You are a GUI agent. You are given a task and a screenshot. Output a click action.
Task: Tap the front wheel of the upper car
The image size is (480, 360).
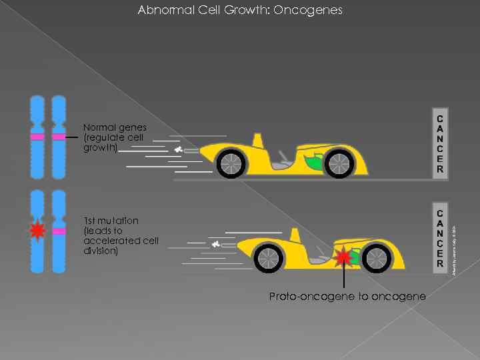pos(338,163)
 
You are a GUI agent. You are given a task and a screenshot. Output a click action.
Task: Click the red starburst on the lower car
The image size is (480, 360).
pos(344,257)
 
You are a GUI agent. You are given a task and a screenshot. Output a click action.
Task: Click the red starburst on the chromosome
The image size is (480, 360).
pos(37,231)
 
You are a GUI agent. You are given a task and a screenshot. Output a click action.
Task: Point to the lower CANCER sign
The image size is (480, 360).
pos(440,236)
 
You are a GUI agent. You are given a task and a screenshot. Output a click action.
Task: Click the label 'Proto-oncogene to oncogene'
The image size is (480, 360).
pos(347,296)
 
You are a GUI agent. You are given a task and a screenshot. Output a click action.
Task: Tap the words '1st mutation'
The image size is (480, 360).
pos(111,221)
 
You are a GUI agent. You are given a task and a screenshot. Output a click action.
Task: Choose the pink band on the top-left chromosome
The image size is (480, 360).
pos(37,137)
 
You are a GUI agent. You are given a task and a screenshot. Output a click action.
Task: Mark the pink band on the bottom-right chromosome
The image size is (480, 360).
pos(59,231)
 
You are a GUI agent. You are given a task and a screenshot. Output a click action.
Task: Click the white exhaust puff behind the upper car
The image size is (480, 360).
pos(179,151)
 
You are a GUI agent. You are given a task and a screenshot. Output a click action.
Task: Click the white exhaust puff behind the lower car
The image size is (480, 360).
pos(215,245)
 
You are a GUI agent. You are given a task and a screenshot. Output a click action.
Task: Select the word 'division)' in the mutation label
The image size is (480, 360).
pos(101,251)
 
